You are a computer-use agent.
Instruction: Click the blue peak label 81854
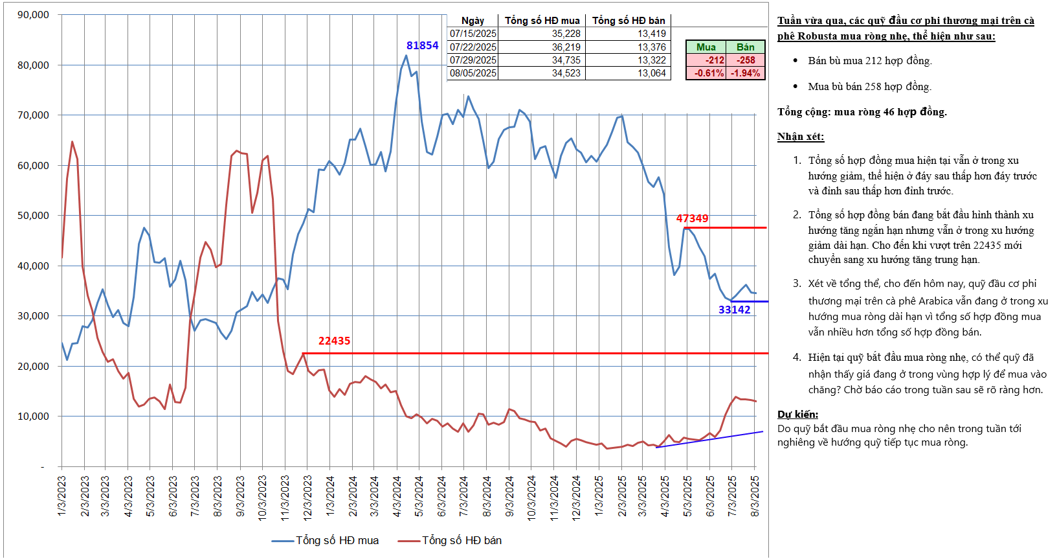point(422,45)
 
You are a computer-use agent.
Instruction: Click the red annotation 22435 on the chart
point(334,341)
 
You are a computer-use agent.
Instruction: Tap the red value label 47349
point(692,219)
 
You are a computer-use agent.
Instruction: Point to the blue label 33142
point(734,310)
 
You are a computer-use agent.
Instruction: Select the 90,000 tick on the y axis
point(33,15)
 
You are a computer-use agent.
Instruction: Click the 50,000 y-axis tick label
point(33,216)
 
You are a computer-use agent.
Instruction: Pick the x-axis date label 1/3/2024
point(330,496)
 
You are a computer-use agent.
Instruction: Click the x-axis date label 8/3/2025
point(755,496)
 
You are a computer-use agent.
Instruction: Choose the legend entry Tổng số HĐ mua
point(337,540)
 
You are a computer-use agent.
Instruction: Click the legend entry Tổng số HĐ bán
point(462,540)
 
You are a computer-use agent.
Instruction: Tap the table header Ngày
point(473,21)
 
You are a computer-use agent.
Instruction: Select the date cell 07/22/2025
point(473,47)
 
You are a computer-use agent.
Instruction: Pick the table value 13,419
point(651,34)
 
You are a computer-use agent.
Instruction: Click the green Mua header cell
point(706,47)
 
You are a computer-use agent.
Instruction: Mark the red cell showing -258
point(746,60)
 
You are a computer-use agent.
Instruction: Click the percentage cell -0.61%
point(709,73)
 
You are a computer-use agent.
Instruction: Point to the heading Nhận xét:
point(801,137)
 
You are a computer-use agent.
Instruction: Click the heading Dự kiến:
point(797,415)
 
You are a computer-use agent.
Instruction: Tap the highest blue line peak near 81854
point(406,55)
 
